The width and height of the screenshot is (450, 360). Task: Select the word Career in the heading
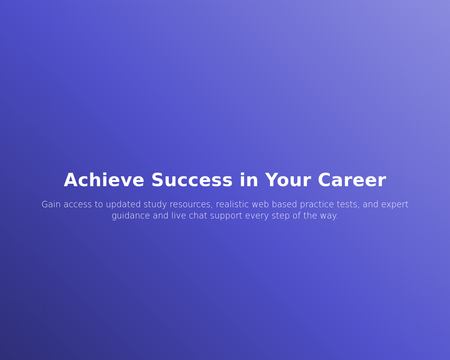[x=352, y=181]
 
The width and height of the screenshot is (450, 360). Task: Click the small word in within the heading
[x=248, y=181]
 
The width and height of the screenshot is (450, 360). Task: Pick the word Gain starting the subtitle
[x=51, y=204]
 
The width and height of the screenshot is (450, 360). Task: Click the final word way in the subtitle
[x=329, y=216]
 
